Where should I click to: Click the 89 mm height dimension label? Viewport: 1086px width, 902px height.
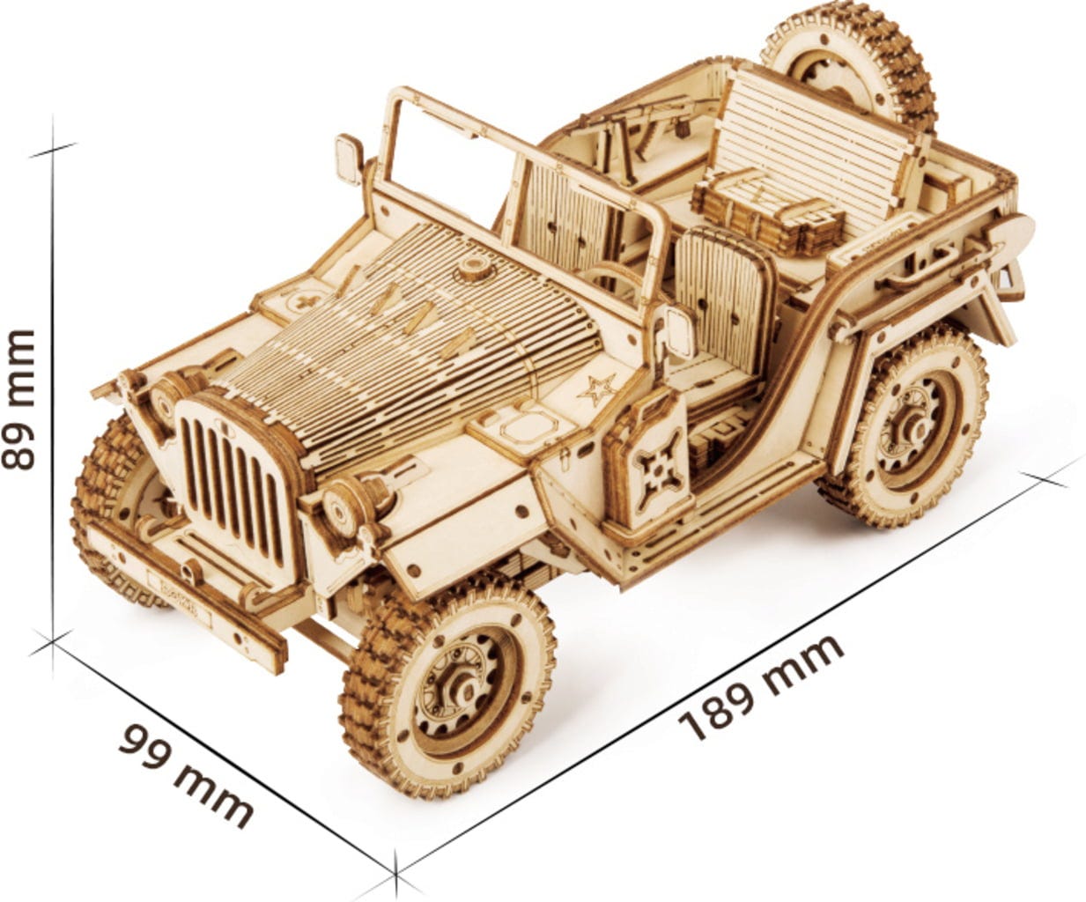coord(18,400)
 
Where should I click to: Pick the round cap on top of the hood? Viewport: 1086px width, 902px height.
coord(473,268)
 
